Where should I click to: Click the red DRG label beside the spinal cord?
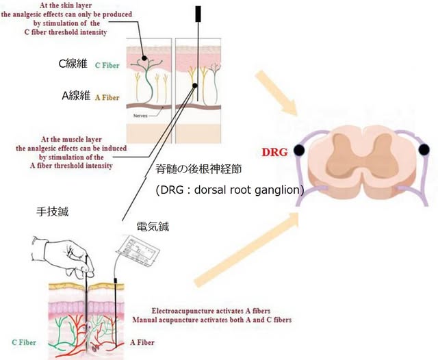pyautogui.click(x=274, y=152)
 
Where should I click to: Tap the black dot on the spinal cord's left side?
pyautogui.click(x=299, y=151)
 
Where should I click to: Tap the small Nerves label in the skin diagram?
pyautogui.click(x=142, y=118)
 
